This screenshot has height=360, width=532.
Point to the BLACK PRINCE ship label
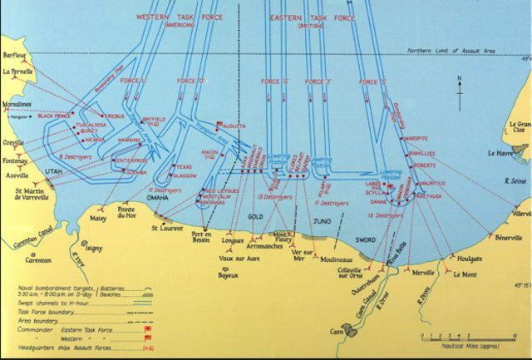pos(54,116)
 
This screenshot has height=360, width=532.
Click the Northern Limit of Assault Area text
pos(451,52)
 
